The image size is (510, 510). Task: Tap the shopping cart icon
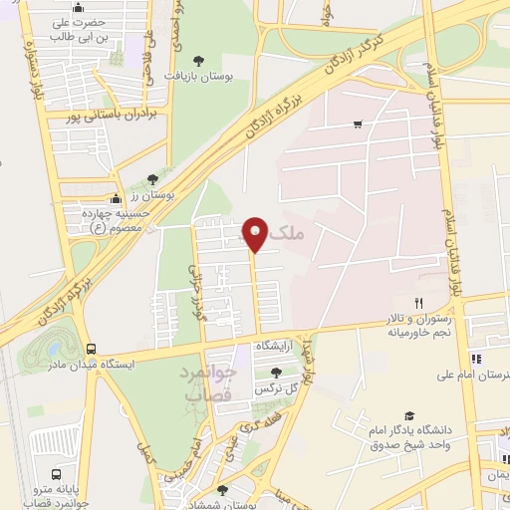[x=357, y=125]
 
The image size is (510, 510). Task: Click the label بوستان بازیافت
[x=205, y=77]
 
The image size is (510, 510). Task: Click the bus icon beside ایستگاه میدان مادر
[x=92, y=350]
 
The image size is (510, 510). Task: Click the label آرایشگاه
[x=279, y=345]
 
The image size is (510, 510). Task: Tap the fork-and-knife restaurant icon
[x=419, y=303]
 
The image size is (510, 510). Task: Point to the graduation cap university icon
[x=408, y=416]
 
